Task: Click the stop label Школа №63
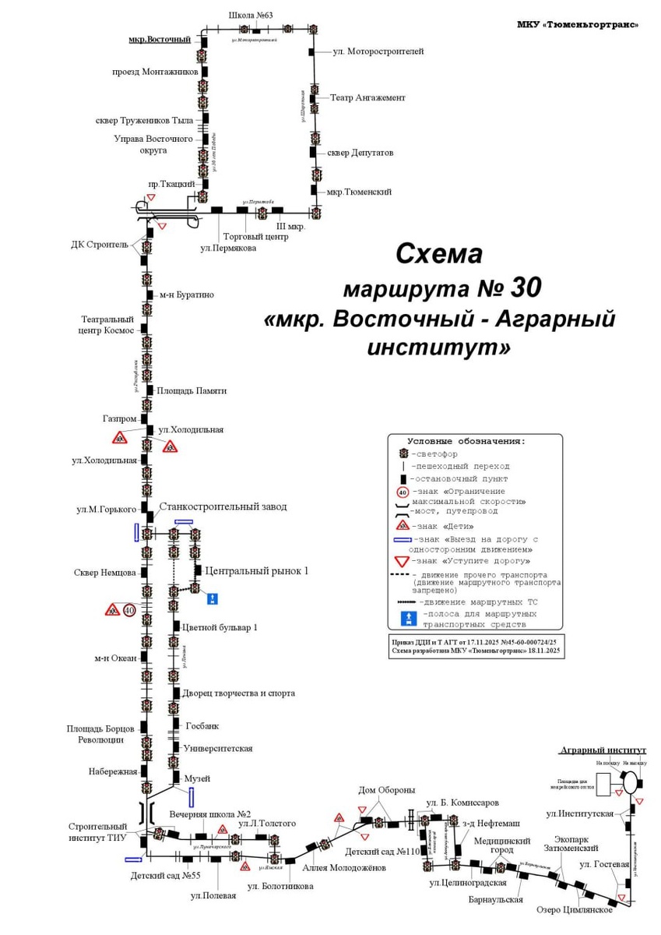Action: click(250, 15)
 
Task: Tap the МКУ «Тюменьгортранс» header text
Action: click(578, 24)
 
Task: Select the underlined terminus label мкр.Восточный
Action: click(160, 39)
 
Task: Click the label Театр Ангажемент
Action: click(367, 98)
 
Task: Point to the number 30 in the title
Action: click(526, 288)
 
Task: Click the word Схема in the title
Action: click(439, 253)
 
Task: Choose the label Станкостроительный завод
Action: click(223, 506)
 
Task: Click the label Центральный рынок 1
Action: click(256, 571)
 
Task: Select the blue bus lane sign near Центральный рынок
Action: click(213, 598)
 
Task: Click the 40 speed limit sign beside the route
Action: click(129, 609)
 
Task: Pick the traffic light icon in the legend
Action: click(403, 453)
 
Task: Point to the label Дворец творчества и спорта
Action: click(238, 693)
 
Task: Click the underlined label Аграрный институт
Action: click(603, 750)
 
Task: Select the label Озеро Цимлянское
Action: click(575, 909)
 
